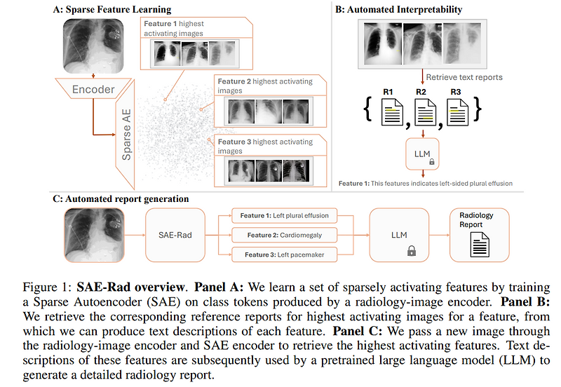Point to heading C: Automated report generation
121,198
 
